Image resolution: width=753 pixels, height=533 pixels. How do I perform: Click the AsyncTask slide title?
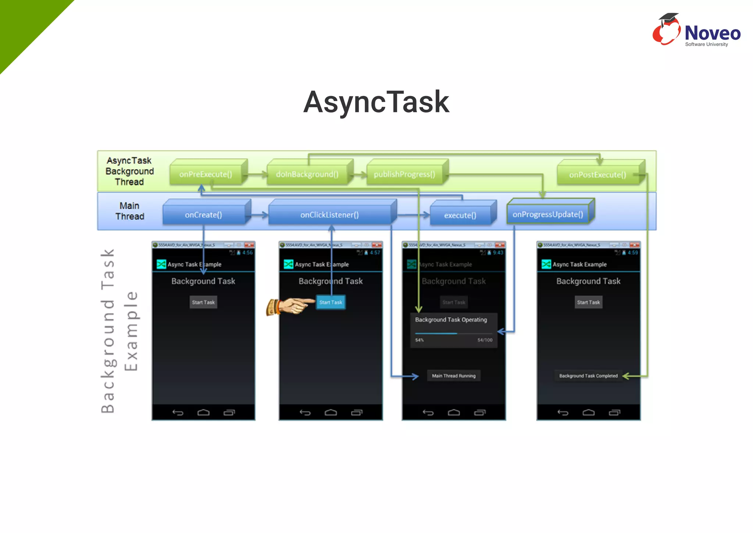pyautogui.click(x=376, y=102)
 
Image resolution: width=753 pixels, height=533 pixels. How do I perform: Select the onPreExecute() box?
pyautogui.click(x=206, y=174)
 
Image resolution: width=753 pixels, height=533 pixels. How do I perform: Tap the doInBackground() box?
pyautogui.click(x=307, y=174)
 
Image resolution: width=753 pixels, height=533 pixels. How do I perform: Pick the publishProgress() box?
pyautogui.click(x=404, y=174)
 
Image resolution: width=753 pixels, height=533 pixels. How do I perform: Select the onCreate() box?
pyautogui.click(x=203, y=215)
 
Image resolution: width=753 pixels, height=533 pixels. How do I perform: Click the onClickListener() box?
pyautogui.click(x=329, y=215)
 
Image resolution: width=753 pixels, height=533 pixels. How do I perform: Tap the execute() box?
pyautogui.click(x=460, y=216)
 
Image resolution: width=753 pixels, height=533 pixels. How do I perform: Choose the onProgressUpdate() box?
pyautogui.click(x=548, y=214)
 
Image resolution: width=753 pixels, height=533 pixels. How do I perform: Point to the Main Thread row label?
pyautogui.click(x=129, y=211)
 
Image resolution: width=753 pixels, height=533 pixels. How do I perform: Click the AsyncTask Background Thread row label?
pyautogui.click(x=129, y=171)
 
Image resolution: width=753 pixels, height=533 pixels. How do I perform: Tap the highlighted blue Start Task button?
pyautogui.click(x=331, y=302)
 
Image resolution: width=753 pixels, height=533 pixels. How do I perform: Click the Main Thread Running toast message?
pyautogui.click(x=454, y=376)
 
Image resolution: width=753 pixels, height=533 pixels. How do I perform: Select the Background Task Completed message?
pyautogui.click(x=588, y=376)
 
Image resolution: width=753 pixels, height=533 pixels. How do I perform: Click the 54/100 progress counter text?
pyautogui.click(x=485, y=340)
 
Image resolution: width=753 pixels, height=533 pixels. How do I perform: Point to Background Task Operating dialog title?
pyautogui.click(x=451, y=320)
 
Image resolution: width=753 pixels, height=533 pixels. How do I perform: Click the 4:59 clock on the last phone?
pyautogui.click(x=633, y=253)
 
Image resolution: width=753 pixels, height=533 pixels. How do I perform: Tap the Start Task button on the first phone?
pyautogui.click(x=203, y=302)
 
